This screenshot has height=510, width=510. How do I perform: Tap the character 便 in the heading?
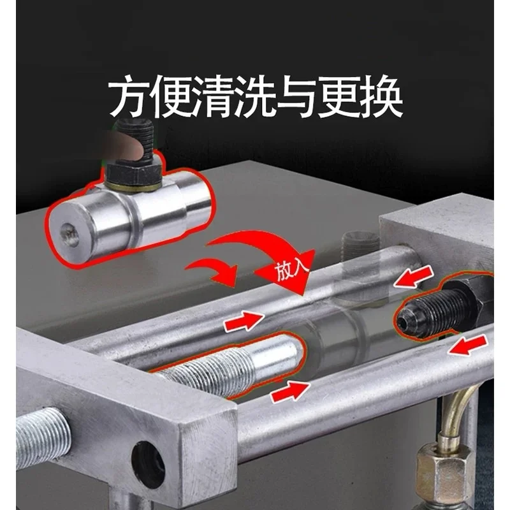[171, 96]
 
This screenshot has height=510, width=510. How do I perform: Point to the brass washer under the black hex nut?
[133, 188]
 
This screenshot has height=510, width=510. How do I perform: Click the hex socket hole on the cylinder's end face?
[69, 235]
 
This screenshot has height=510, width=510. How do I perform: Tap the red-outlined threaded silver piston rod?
[228, 364]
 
